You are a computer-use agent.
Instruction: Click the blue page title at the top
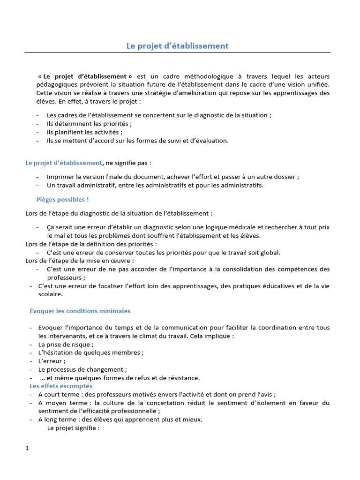click(178, 45)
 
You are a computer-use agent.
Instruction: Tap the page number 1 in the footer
click(27, 448)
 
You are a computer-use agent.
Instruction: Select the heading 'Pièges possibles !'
click(62, 199)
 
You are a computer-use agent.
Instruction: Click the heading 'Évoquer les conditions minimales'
click(80, 311)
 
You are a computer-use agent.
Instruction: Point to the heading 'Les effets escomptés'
click(61, 386)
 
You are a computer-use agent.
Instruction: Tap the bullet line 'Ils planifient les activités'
click(81, 132)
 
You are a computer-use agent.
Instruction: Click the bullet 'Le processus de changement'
click(82, 369)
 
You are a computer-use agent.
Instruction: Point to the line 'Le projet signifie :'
click(73, 428)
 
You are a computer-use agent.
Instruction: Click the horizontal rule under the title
click(178, 52)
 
